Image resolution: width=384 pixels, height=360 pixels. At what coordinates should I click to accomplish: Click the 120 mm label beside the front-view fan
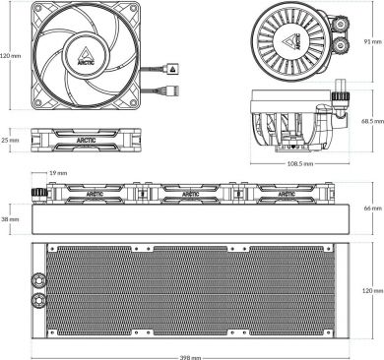tap(11, 56)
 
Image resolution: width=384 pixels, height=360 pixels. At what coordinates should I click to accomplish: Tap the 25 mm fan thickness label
tap(10, 140)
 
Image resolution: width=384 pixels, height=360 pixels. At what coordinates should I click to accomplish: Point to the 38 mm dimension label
tap(11, 219)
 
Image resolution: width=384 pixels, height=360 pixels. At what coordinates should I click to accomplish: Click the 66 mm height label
tap(370, 208)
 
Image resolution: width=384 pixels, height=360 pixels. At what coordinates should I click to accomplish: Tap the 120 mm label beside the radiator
tap(370, 291)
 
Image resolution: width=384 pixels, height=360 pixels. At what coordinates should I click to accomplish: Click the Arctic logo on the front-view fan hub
tap(88, 57)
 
